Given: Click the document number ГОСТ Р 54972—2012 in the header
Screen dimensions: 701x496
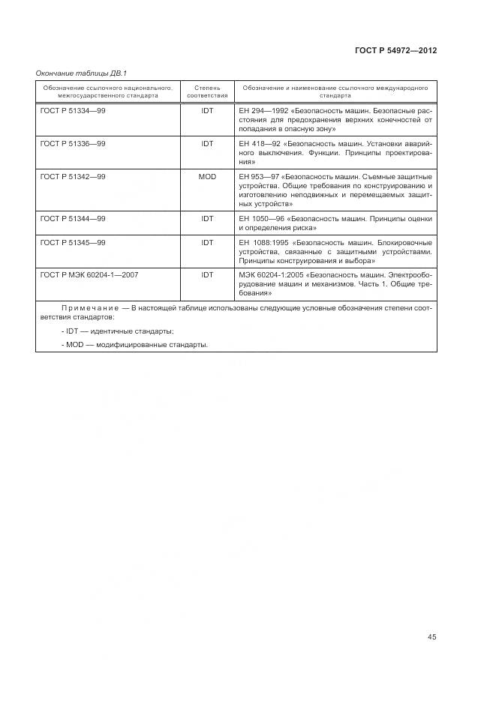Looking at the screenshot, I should tap(395, 50).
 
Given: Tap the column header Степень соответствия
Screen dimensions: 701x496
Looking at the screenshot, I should tap(206, 92).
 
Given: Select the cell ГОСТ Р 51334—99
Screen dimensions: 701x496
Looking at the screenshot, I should tap(72, 111).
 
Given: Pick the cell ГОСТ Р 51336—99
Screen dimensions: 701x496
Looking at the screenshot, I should tap(72, 143).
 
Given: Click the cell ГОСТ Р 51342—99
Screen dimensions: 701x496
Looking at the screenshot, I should tap(72, 176).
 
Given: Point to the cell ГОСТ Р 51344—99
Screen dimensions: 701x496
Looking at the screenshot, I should tap(72, 219).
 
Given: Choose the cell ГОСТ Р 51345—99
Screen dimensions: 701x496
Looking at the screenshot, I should tap(72, 243).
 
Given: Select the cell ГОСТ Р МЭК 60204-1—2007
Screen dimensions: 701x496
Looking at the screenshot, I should tap(89, 275).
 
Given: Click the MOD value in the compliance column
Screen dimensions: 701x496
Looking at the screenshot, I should tap(207, 176).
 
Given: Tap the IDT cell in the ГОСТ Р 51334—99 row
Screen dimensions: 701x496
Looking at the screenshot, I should tap(207, 111).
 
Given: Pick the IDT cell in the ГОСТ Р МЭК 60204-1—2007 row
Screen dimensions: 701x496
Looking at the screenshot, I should tap(207, 275).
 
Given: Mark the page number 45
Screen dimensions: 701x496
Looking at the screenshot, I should tap(431, 637).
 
